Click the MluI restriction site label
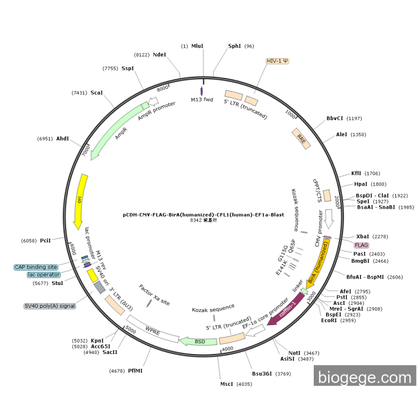pos(197,46)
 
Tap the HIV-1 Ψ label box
pos(277,61)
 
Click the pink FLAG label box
pos(361,245)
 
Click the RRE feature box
pos(301,137)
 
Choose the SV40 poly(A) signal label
pos(50,305)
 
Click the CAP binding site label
pos(36,266)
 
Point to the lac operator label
pos(44,275)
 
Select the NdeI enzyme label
pos(159,55)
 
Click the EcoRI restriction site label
pos(329,320)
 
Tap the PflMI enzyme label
pos(135,371)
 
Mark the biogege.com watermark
pos(364,377)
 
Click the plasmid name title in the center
pos(203,214)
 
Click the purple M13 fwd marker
pos(202,91)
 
